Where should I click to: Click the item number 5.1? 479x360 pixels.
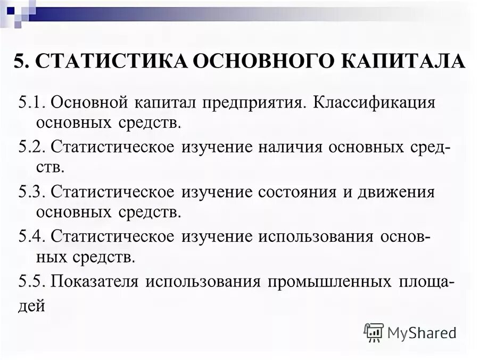pyautogui.click(x=32, y=102)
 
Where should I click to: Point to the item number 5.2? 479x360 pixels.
pyautogui.click(x=32, y=147)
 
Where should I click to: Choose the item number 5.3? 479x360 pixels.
pyautogui.click(x=32, y=192)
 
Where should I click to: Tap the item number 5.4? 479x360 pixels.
pyautogui.click(x=32, y=236)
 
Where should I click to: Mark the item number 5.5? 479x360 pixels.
pyautogui.click(x=32, y=281)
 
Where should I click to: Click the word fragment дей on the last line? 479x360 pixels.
pyautogui.click(x=29, y=307)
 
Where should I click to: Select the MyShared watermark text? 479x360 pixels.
pyautogui.click(x=422, y=333)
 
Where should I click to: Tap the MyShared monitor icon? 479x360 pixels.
pyautogui.click(x=374, y=332)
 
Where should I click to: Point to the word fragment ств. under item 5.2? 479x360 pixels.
pyautogui.click(x=50, y=169)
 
